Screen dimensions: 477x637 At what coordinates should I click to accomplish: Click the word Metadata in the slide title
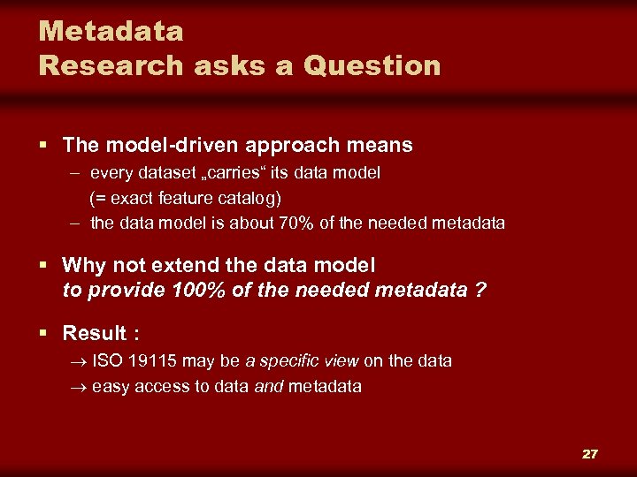pyautogui.click(x=111, y=32)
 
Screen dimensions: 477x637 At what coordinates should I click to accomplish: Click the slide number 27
pyautogui.click(x=589, y=454)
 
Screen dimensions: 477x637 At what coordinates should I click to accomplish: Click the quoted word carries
pyautogui.click(x=194, y=173)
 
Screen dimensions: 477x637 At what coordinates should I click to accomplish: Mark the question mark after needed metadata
pyautogui.click(x=480, y=290)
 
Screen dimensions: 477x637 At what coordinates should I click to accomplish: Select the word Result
pyautogui.click(x=95, y=333)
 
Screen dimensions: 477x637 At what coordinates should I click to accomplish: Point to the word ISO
pyautogui.click(x=107, y=361)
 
